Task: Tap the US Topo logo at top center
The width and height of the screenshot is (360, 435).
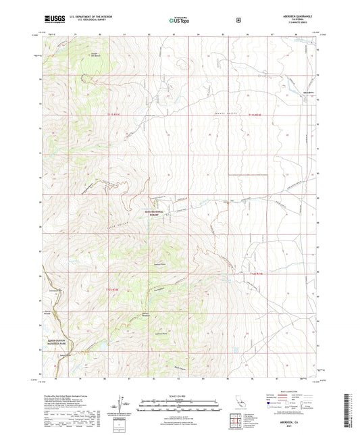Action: pos(179,21)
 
